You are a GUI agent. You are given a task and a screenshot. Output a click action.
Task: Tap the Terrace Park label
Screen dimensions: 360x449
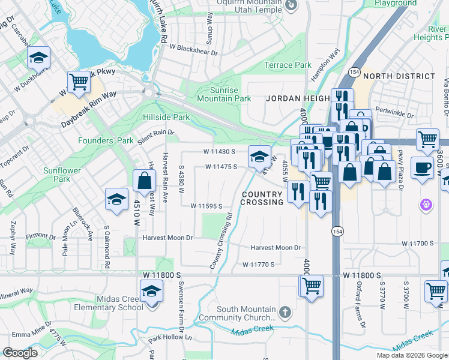tap(288, 65)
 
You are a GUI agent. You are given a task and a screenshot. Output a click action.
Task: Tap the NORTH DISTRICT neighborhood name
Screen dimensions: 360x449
tap(399, 76)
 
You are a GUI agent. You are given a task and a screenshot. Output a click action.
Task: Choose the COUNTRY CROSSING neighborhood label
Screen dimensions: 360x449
tap(262, 199)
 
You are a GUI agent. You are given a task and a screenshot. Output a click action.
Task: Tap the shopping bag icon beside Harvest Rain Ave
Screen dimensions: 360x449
tap(145, 179)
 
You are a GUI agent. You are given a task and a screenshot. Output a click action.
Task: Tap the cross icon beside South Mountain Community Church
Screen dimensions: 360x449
tap(285, 313)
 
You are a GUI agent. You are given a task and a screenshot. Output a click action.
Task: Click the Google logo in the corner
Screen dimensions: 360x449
tap(19, 353)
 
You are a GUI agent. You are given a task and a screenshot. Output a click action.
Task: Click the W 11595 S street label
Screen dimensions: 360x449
tap(206, 206)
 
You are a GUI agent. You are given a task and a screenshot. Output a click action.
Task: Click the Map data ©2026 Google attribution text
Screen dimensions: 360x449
tap(411, 355)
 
